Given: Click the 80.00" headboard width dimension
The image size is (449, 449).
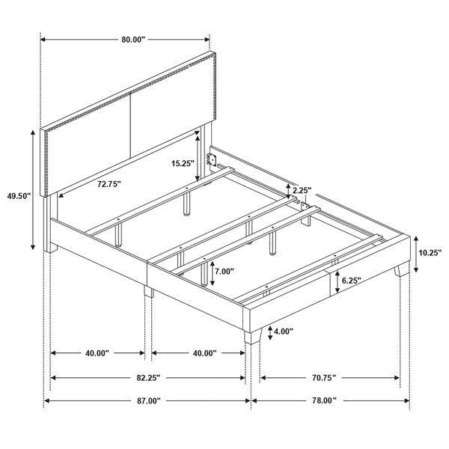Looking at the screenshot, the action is (134, 40).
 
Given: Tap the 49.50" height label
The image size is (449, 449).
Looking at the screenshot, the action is (19, 196).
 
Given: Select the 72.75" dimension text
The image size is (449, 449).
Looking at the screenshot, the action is (109, 184).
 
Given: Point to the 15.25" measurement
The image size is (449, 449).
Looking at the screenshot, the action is (183, 163).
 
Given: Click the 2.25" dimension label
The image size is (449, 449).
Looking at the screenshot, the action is (301, 190).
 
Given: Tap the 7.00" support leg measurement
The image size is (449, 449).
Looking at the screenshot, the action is (224, 271).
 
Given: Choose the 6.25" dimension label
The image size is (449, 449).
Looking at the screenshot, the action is (352, 281).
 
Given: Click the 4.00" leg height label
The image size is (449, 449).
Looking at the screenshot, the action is (284, 332).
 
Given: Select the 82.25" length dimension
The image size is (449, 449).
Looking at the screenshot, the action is (147, 378).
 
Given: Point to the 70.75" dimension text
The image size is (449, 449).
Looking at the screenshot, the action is (324, 378).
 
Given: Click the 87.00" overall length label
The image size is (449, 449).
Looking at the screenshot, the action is (148, 400).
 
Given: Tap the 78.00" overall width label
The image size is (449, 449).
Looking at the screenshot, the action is (324, 400).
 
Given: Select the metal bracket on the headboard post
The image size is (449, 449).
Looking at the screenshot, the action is (211, 159).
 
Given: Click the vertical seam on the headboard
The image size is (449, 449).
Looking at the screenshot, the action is (130, 125).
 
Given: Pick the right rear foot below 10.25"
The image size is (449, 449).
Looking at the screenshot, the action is (401, 269).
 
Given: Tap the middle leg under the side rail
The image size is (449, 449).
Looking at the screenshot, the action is (149, 291).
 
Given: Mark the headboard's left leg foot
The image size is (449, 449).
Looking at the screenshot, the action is (51, 247).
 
